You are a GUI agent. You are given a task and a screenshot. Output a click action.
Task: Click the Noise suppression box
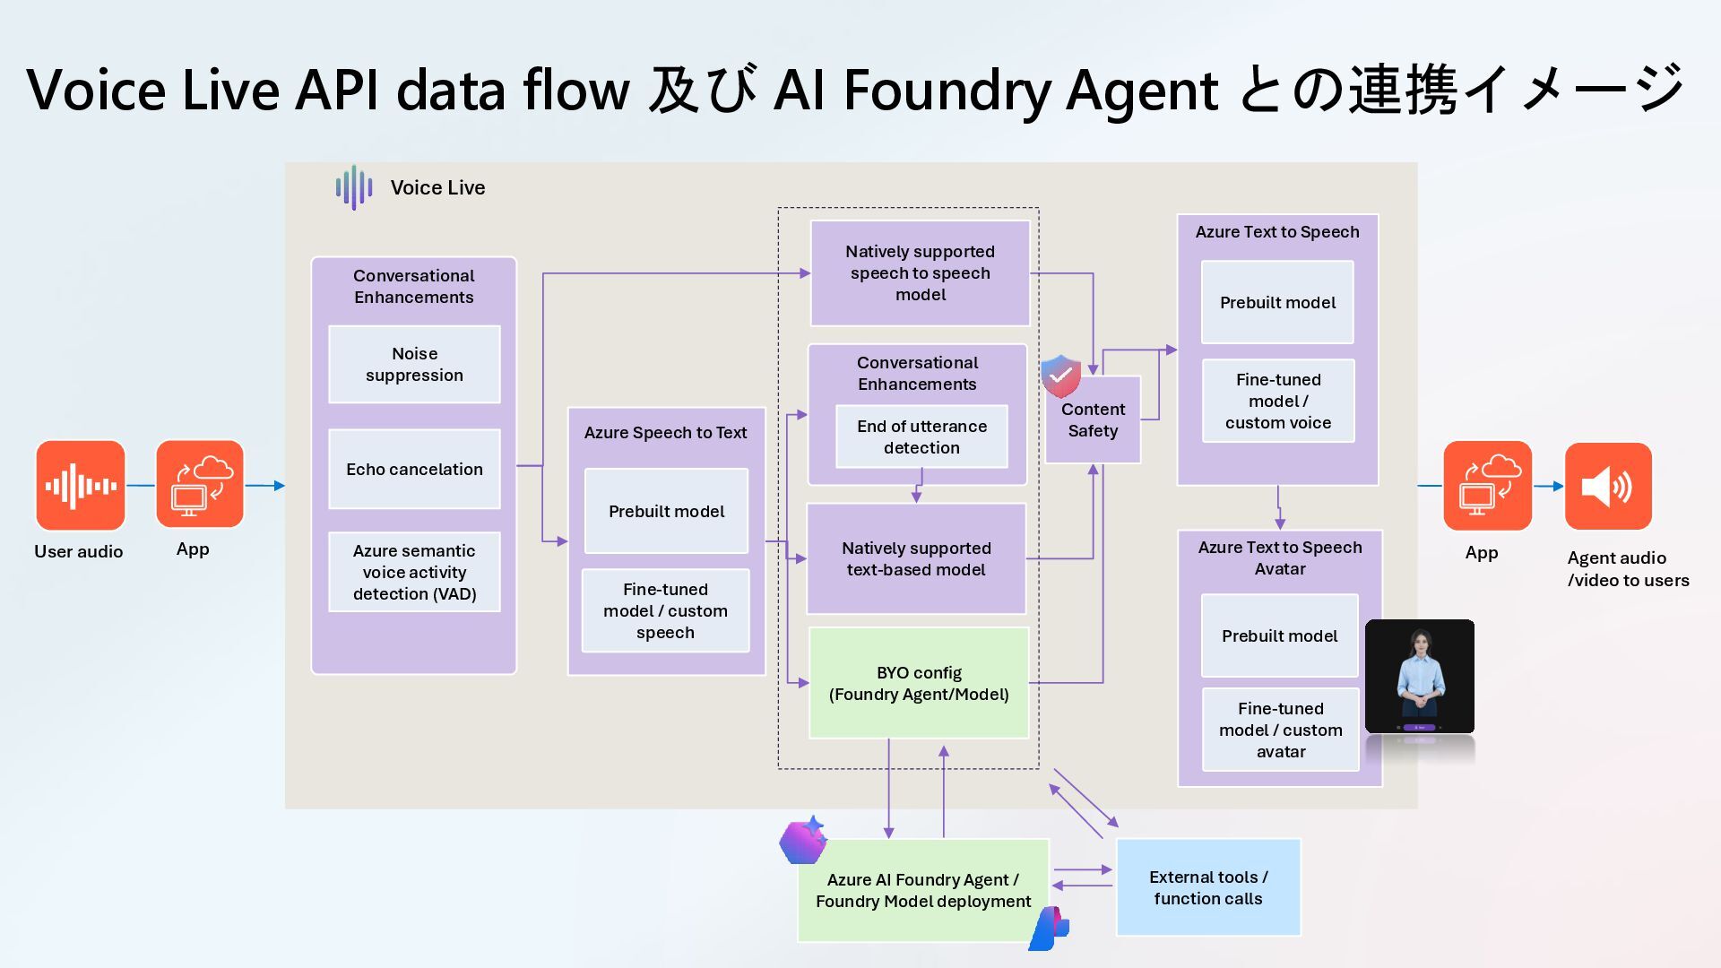click(x=414, y=365)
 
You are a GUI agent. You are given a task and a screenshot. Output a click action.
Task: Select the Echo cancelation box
click(x=414, y=469)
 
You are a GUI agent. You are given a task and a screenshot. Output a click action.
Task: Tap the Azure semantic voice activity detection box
click(x=414, y=572)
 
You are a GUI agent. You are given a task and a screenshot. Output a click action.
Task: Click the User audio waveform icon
click(x=80, y=486)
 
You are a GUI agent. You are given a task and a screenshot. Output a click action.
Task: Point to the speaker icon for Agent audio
click(x=1608, y=487)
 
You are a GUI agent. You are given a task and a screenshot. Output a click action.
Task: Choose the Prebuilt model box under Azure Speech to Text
click(x=666, y=511)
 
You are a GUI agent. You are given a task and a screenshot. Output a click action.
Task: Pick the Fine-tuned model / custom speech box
click(x=665, y=610)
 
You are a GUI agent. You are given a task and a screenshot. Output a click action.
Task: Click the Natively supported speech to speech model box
click(x=920, y=273)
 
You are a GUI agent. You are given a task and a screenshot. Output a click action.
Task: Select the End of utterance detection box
click(x=921, y=436)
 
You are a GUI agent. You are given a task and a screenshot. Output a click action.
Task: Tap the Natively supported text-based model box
click(x=916, y=558)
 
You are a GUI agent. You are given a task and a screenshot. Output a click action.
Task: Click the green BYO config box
click(x=919, y=683)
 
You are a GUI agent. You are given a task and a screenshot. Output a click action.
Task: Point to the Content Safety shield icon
click(x=1060, y=376)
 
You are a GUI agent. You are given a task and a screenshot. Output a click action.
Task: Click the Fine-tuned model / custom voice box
click(x=1277, y=401)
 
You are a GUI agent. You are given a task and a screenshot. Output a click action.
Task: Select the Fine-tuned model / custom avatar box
click(x=1280, y=730)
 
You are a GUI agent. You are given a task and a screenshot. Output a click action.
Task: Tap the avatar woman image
click(x=1420, y=677)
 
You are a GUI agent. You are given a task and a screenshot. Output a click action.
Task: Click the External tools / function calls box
click(x=1207, y=887)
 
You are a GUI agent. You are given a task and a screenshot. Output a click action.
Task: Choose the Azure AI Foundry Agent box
click(x=923, y=890)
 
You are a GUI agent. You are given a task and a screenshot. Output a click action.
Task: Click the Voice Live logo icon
click(x=354, y=187)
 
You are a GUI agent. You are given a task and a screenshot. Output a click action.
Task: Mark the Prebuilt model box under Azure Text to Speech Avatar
click(x=1279, y=635)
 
